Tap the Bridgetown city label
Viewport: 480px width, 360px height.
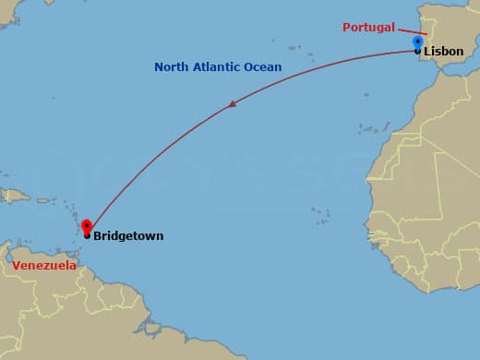(128, 236)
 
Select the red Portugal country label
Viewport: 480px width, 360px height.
(368, 28)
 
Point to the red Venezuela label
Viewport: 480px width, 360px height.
(44, 266)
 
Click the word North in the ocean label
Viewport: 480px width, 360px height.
(171, 67)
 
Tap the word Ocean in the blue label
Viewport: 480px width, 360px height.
(264, 67)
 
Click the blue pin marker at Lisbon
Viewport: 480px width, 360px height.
(417, 42)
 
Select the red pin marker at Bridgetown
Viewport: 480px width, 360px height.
(87, 225)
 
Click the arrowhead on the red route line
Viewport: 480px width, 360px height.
(233, 104)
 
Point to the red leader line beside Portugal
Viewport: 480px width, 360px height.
(412, 30)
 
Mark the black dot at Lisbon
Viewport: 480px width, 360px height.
(418, 52)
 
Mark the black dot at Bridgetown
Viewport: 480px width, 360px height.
(87, 235)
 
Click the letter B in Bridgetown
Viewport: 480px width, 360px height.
(97, 236)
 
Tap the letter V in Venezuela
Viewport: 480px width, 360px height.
(17, 266)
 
